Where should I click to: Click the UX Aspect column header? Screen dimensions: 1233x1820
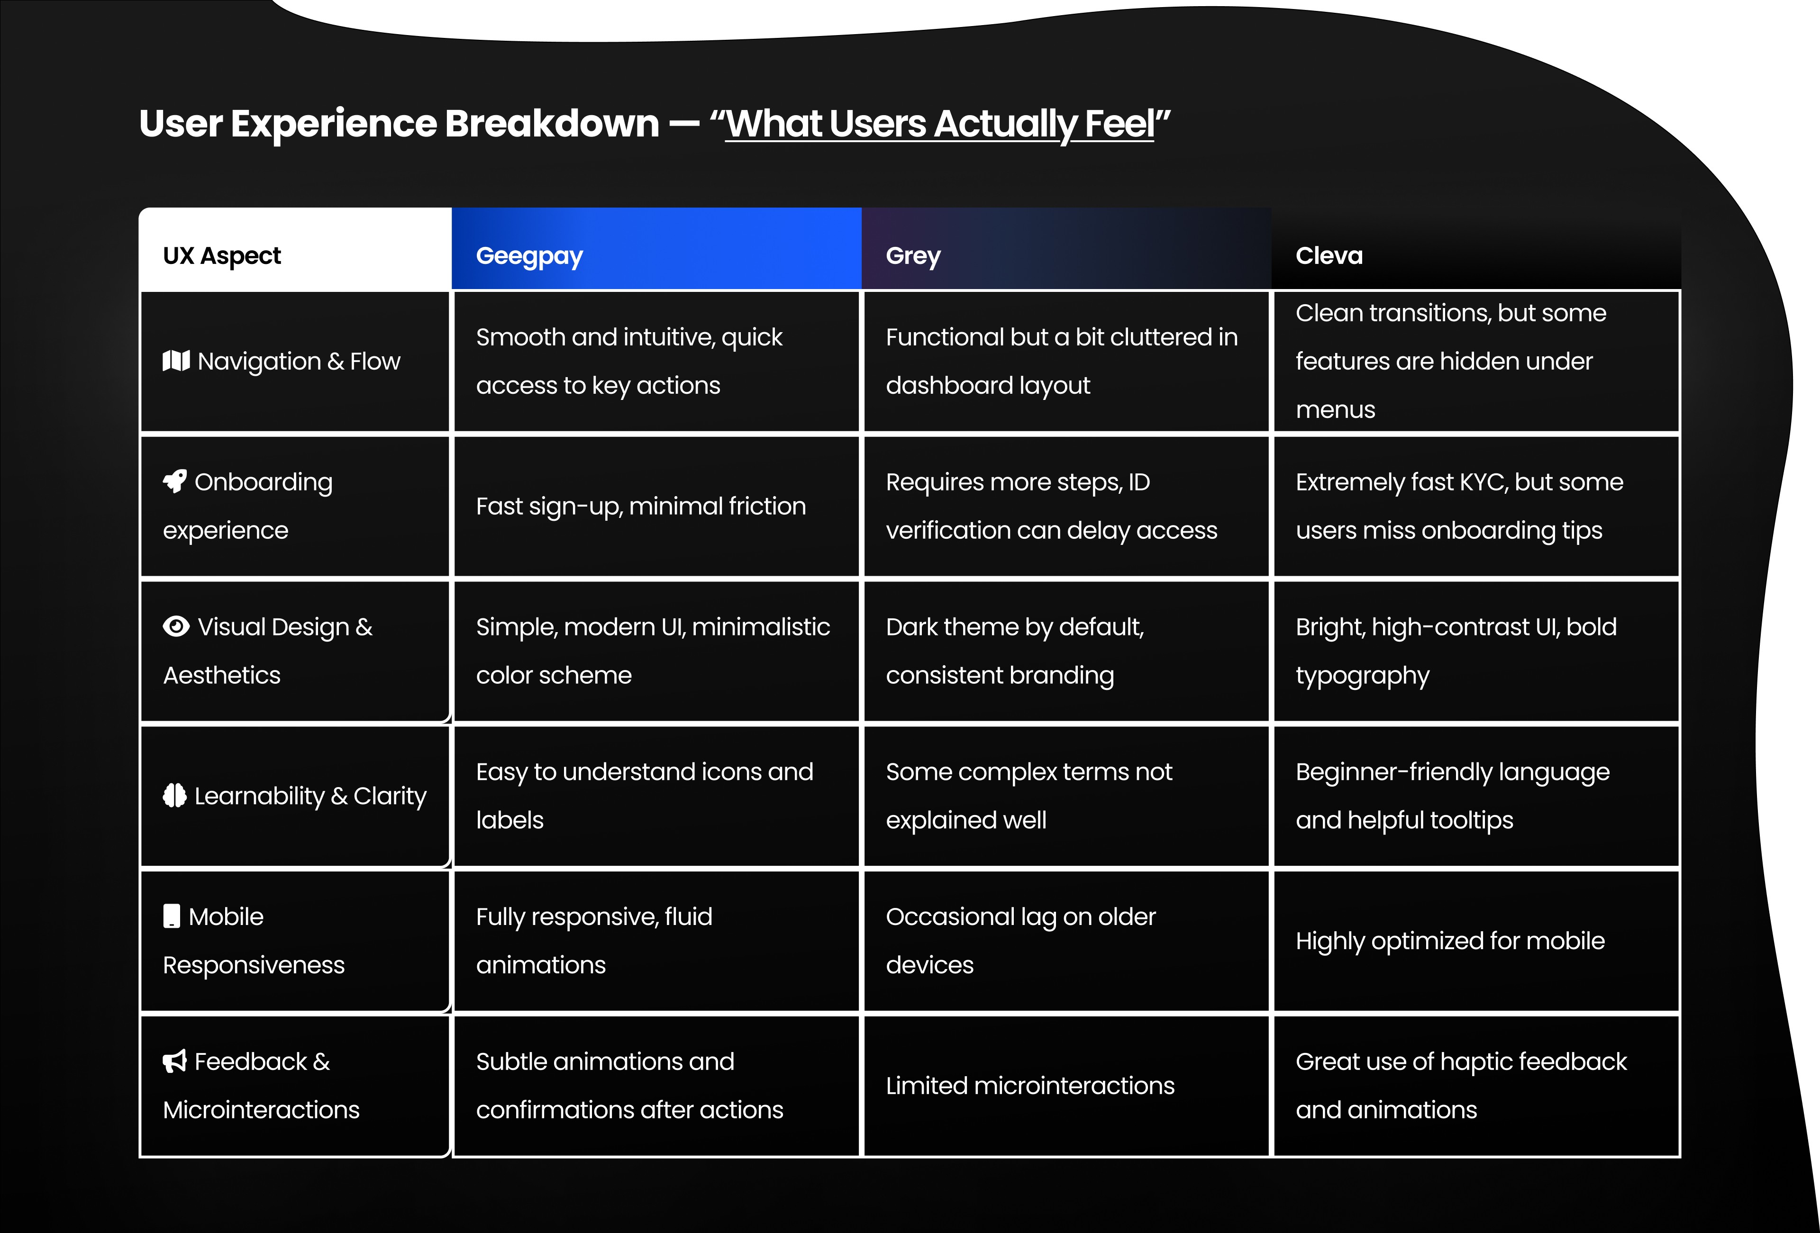[222, 256]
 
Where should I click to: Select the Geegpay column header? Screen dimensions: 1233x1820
[529, 256]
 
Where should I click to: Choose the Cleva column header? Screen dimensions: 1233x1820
[1329, 256]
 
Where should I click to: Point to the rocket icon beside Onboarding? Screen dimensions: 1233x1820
[174, 481]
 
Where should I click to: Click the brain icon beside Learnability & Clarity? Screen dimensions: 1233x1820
[174, 795]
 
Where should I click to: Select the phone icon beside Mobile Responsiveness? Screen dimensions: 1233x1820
[172, 916]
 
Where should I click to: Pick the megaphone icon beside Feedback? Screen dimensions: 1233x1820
[174, 1061]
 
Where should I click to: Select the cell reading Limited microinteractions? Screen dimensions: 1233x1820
[1030, 1086]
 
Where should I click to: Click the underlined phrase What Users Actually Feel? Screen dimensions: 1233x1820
[940, 124]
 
